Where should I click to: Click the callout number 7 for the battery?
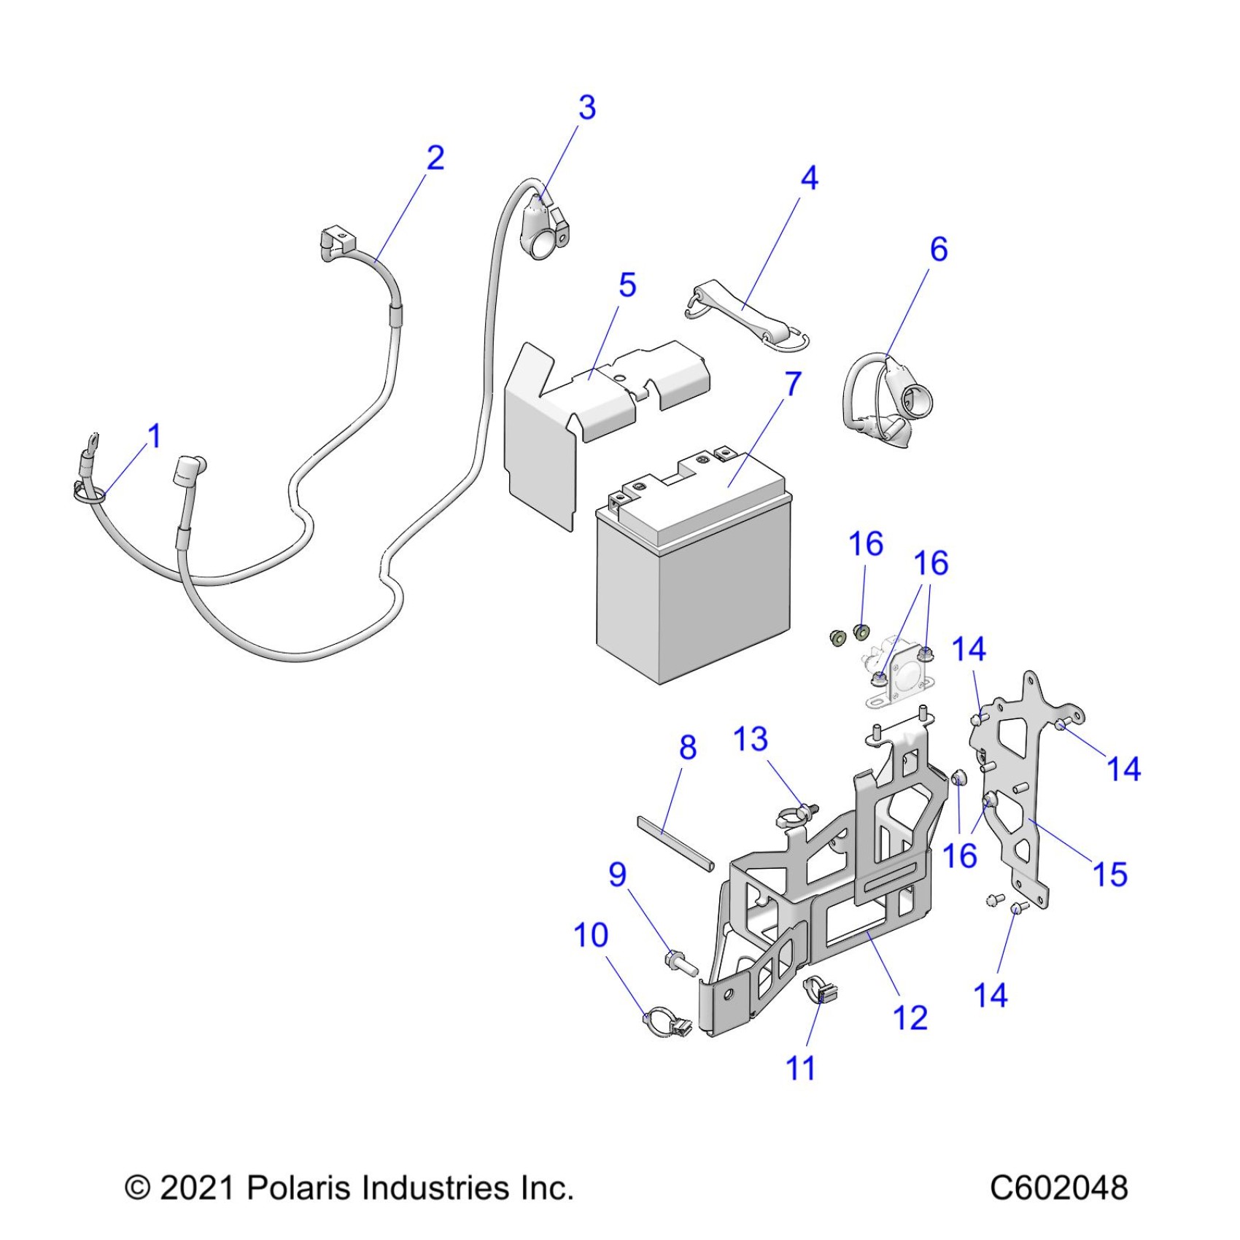coord(793,384)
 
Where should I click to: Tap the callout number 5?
coord(627,285)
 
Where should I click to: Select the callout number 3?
coord(587,108)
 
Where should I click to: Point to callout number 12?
coord(910,1018)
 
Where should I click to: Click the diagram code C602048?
coord(1058,1187)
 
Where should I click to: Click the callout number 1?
coord(154,436)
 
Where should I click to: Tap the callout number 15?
coord(1110,874)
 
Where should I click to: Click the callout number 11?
coord(800,1069)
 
